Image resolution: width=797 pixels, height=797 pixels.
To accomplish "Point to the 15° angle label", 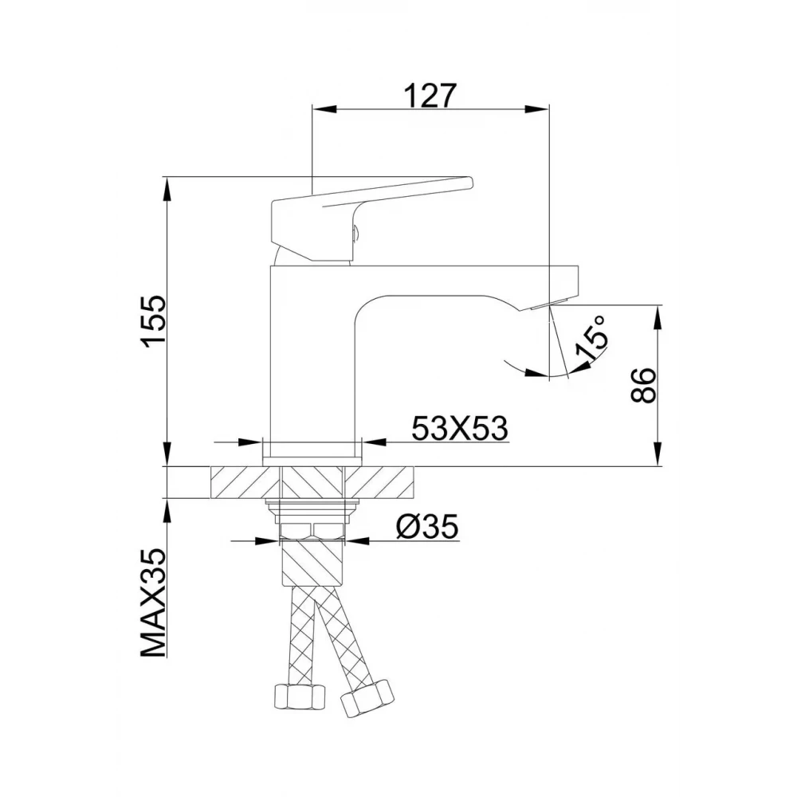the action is pos(591,337).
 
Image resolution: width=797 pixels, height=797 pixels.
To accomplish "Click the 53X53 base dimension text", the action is pos(460,428).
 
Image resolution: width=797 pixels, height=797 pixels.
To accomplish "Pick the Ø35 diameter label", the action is pos(427,527).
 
